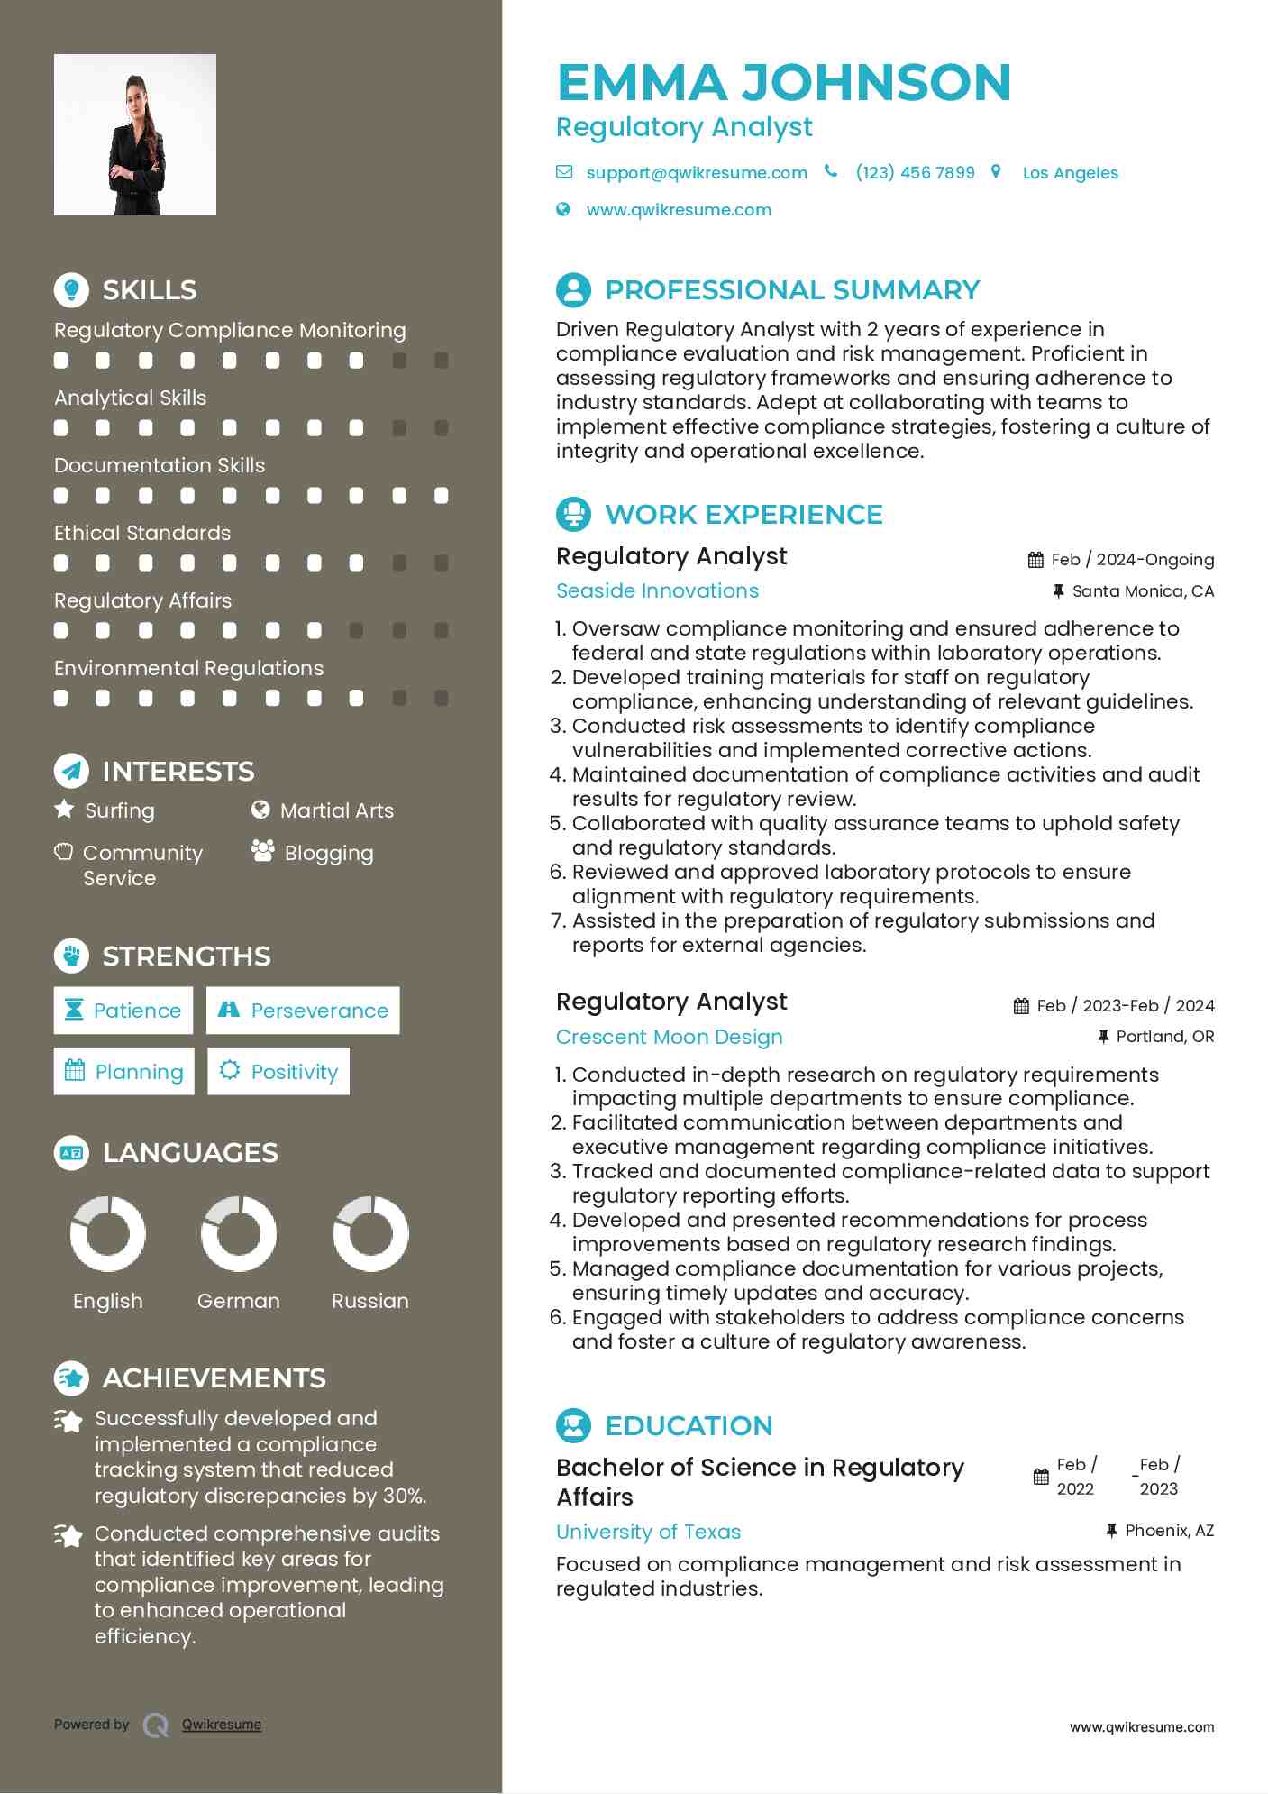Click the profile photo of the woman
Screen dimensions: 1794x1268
[x=135, y=135]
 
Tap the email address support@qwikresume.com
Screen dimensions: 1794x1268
[x=696, y=173]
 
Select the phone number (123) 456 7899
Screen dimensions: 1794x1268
[x=915, y=173]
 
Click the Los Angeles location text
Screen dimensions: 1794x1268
[x=1070, y=173]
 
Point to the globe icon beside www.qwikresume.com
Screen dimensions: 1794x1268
[x=563, y=210]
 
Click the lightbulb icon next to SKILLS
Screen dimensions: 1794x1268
[x=71, y=289]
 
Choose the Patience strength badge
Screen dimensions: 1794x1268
[x=123, y=1011]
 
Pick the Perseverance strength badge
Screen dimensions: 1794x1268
[x=303, y=1011]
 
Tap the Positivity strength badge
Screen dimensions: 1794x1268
[x=278, y=1072]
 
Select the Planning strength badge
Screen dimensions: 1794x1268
[x=124, y=1072]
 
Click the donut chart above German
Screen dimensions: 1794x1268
[x=239, y=1234]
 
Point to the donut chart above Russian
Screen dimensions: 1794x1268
[x=370, y=1234]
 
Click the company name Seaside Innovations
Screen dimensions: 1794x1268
[x=657, y=591]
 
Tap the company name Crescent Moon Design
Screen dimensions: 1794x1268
[x=669, y=1037]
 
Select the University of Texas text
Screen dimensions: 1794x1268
[x=648, y=1532]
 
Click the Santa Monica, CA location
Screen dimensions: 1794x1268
[x=1142, y=591]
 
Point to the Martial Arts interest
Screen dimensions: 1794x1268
[x=336, y=810]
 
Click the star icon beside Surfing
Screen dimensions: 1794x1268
[x=64, y=810]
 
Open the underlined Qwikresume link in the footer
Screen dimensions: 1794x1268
[x=222, y=1725]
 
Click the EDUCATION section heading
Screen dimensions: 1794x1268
[x=689, y=1425]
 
